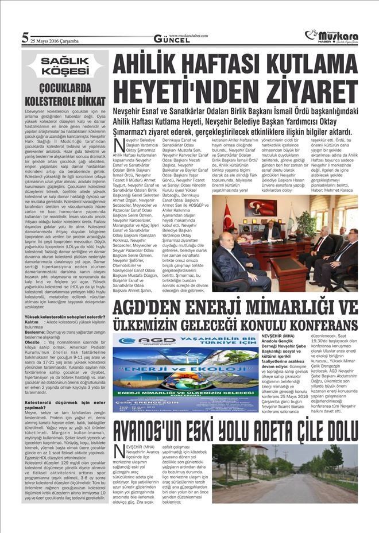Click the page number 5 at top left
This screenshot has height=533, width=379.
click(x=25, y=38)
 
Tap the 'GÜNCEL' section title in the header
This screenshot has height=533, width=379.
click(x=171, y=39)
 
